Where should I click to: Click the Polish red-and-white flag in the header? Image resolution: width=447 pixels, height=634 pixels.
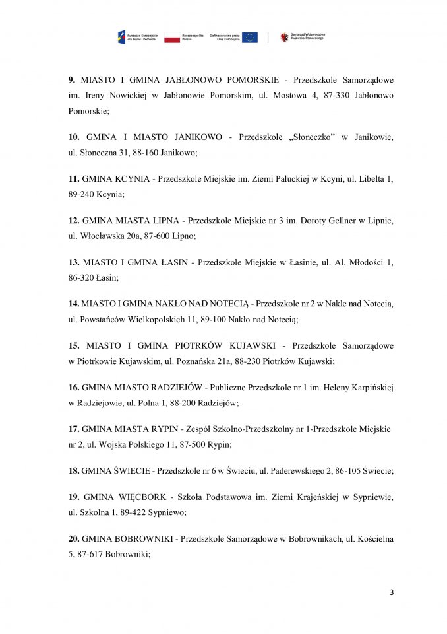pos(171,38)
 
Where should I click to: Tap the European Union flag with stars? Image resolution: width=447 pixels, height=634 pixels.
pos(249,38)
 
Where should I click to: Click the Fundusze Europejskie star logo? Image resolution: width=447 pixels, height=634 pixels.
pos(121,38)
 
